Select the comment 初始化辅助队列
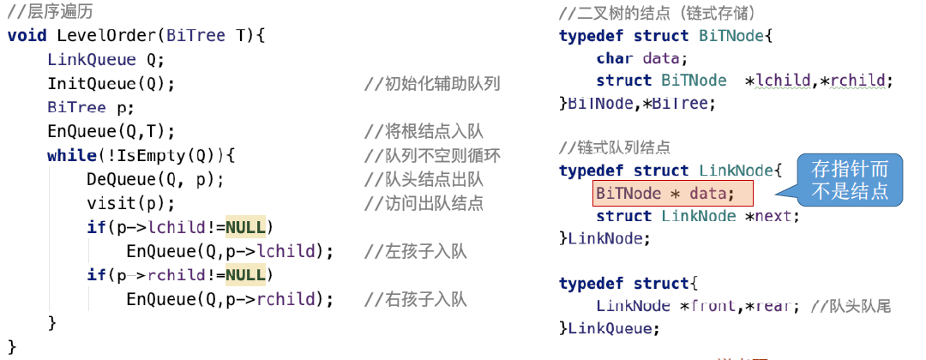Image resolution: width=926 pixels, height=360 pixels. pos(432,84)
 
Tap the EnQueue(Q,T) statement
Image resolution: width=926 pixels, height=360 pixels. pos(111,131)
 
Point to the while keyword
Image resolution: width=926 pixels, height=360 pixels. pos(71,155)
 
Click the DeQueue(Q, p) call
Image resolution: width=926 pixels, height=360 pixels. pos(155,179)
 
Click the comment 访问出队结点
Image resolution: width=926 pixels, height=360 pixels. pos(424,204)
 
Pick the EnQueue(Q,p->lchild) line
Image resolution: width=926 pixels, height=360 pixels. pos(229,251)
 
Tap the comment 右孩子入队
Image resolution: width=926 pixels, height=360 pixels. pos(415,299)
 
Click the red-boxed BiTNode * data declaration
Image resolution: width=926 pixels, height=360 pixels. pos(665,194)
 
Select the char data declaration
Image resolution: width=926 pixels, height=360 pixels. pos(642,58)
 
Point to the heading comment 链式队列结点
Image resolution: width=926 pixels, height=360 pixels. pos(614,147)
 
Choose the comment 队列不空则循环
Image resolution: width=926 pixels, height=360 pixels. pos(432,156)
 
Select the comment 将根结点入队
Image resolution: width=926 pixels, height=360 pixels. pos(424,132)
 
